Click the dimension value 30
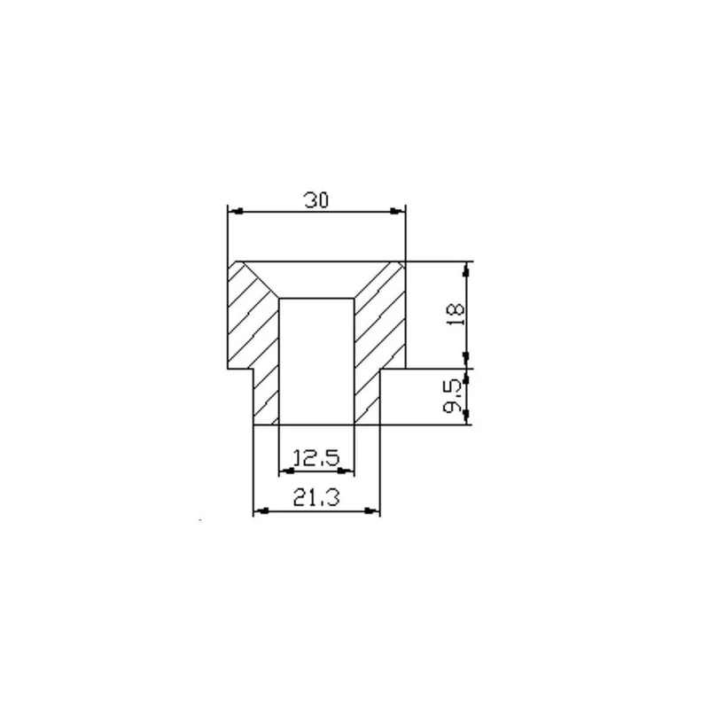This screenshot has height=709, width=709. (316, 200)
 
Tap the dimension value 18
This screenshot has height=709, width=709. (456, 315)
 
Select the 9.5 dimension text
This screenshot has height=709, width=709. (453, 396)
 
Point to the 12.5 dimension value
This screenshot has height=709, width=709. (316, 458)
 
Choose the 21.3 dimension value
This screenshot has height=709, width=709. (316, 498)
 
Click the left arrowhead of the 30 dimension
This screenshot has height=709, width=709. (236, 211)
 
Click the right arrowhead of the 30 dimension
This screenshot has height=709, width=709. (397, 211)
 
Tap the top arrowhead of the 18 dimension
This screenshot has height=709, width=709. (467, 269)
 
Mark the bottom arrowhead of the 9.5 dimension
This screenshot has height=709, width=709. (467, 417)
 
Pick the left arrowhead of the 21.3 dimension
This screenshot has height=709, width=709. (261, 511)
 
